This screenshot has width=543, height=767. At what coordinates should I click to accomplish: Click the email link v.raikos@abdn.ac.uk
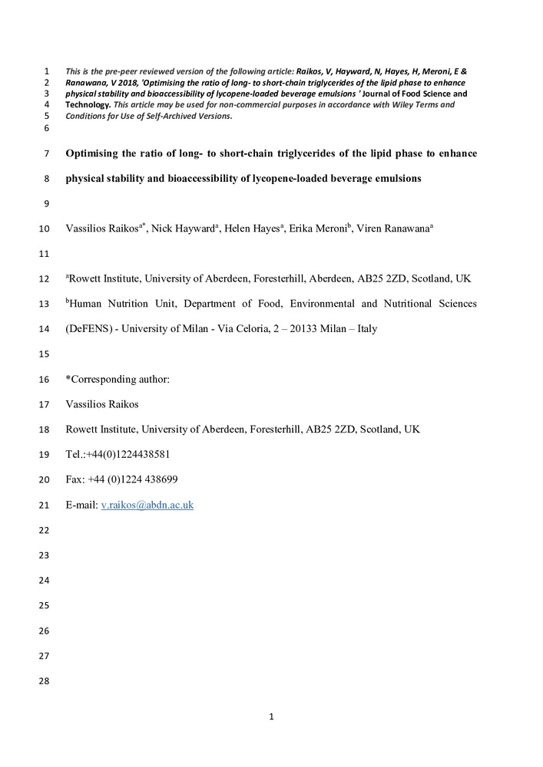pyautogui.click(x=147, y=505)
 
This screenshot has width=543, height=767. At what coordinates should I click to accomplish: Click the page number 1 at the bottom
pyautogui.click(x=271, y=717)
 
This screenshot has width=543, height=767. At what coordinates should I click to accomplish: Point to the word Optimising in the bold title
pyautogui.click(x=95, y=153)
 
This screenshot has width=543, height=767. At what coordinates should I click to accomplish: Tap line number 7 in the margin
pyautogui.click(x=46, y=153)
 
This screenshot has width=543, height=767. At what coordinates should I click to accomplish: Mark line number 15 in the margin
pyautogui.click(x=43, y=354)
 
